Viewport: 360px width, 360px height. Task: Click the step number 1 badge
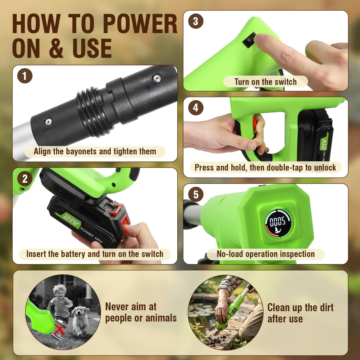[25, 76]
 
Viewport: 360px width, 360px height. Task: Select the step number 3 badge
[196, 21]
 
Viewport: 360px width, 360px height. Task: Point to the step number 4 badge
[196, 108]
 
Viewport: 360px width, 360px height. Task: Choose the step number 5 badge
[196, 194]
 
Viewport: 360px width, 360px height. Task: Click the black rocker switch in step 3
[250, 39]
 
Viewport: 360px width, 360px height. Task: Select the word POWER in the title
[140, 24]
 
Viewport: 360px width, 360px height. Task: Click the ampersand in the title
[56, 48]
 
